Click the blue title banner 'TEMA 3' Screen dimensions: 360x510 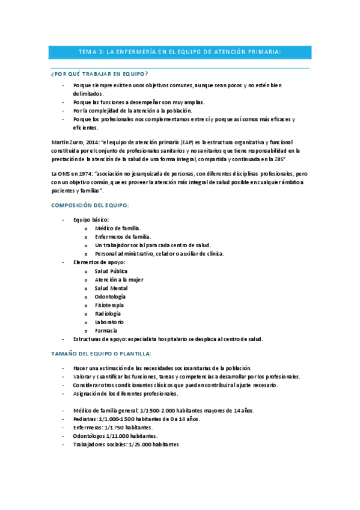pyautogui.click(x=180, y=52)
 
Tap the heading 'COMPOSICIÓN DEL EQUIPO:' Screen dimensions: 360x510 pyautogui.click(x=90, y=205)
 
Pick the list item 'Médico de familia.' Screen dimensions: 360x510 pyautogui.click(x=117, y=229)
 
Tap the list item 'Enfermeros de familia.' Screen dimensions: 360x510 pyautogui.click(x=123, y=237)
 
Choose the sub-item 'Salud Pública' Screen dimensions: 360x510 pyautogui.click(x=111, y=271)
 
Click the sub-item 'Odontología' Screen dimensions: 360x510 pyautogui.click(x=110, y=296)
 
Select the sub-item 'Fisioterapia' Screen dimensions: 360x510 pyautogui.click(x=109, y=305)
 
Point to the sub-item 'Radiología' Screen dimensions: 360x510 pyautogui.click(x=108, y=313)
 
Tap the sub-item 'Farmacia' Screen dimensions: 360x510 pyautogui.click(x=106, y=330)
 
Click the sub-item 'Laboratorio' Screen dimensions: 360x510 pyautogui.click(x=109, y=322)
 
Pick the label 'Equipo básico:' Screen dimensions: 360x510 pyautogui.click(x=91, y=220)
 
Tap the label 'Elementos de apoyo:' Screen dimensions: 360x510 pyautogui.click(x=99, y=262)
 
